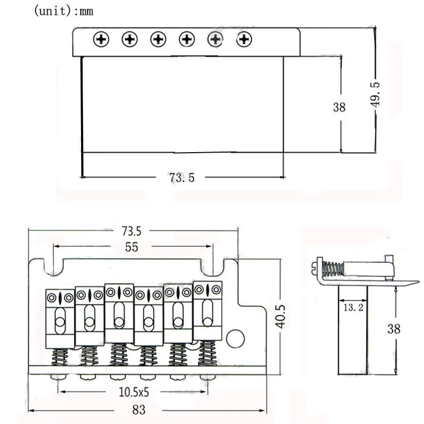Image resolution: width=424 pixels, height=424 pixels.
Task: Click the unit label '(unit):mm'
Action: pyautogui.click(x=64, y=11)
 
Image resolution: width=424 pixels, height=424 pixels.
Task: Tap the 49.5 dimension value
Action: pyautogui.click(x=375, y=94)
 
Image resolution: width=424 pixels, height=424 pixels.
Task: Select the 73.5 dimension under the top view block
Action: pyautogui.click(x=182, y=178)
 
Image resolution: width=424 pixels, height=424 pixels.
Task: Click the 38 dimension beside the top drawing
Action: pyautogui.click(x=339, y=107)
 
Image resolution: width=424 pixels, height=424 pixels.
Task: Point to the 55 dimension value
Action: pyautogui.click(x=131, y=247)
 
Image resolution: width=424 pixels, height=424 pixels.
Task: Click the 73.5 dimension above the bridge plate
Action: pyautogui.click(x=131, y=231)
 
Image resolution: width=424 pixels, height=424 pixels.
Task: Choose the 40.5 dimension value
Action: pyautogui.click(x=280, y=316)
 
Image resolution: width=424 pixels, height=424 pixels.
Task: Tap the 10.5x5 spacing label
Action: pyautogui.click(x=134, y=392)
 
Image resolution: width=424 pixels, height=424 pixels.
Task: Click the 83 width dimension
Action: pyautogui.click(x=139, y=410)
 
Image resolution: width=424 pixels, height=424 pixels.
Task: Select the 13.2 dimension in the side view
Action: pyautogui.click(x=354, y=307)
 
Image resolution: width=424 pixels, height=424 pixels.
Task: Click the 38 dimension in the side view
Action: pyautogui.click(x=394, y=329)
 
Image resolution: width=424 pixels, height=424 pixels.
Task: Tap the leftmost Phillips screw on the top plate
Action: pyautogui.click(x=101, y=39)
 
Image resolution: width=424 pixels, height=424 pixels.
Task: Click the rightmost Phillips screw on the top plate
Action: pyautogui.click(x=244, y=39)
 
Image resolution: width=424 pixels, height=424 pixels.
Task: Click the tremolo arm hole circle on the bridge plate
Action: pyautogui.click(x=235, y=339)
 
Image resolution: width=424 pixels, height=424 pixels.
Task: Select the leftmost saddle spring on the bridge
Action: pyautogui.click(x=60, y=357)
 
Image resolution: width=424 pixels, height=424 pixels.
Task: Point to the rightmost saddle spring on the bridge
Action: pyautogui.click(x=208, y=353)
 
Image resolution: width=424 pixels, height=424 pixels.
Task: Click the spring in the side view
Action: pyautogui.click(x=333, y=269)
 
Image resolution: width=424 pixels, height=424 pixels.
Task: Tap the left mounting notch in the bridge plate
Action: pyautogui.click(x=54, y=267)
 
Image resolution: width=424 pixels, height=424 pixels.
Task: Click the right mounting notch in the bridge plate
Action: pyautogui.click(x=213, y=267)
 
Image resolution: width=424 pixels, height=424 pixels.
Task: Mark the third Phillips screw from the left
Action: pyautogui.click(x=158, y=39)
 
